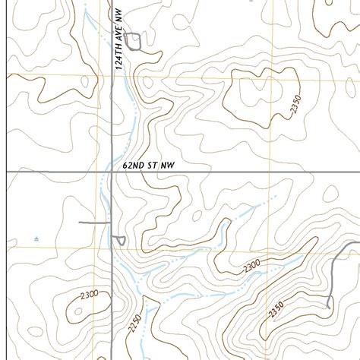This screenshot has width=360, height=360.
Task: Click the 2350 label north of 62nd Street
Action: [296, 105]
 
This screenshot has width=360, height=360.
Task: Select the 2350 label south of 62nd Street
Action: [276, 310]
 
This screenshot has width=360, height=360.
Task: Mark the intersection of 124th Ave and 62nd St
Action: [112, 172]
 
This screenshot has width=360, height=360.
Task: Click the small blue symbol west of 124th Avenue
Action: [36, 239]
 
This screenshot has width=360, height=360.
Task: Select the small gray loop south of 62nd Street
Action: [120, 240]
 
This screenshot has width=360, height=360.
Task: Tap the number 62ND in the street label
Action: [134, 163]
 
